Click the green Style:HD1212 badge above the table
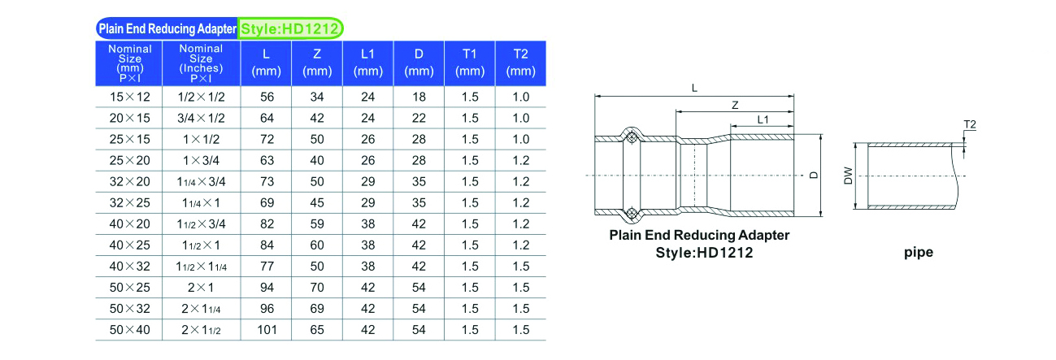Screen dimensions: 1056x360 click(290, 28)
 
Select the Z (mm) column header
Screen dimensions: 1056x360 click(317, 63)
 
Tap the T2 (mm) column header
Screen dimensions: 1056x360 click(520, 63)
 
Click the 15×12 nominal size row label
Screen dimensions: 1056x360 click(129, 97)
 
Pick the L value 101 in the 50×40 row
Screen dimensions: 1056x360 click(267, 330)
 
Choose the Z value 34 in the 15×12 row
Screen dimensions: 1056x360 click(317, 97)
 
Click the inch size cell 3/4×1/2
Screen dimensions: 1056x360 click(201, 119)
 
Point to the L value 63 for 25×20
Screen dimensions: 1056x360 click(267, 161)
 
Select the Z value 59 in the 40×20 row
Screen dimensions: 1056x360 click(317, 223)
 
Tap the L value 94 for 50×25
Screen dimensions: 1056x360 click(267, 288)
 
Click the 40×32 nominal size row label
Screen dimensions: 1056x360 click(129, 267)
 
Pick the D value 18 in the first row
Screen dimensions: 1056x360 click(419, 97)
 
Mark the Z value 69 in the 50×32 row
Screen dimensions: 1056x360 click(317, 309)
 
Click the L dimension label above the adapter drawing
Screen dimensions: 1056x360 click(694, 88)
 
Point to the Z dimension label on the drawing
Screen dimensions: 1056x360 click(735, 106)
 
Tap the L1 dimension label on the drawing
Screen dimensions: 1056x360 click(763, 119)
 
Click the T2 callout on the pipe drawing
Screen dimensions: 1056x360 click(970, 124)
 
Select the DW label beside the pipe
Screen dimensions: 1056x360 click(849, 176)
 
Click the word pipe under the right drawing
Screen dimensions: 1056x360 click(919, 253)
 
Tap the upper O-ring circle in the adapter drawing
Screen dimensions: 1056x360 click(632, 138)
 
